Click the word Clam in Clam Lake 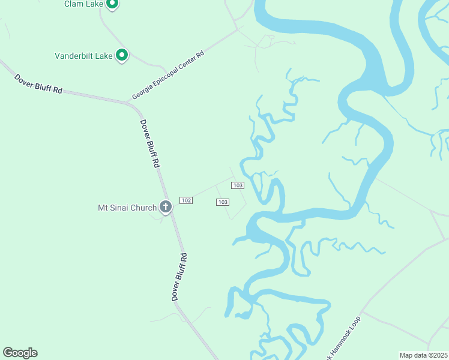tap(74, 4)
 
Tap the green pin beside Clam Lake tap(112, 4)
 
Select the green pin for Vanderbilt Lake tap(121, 56)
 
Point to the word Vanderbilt tap(75, 56)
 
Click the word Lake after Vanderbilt tap(104, 56)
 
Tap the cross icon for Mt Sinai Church tap(166, 208)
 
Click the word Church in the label tap(144, 208)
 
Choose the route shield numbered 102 tap(186, 200)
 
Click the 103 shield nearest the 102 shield tap(222, 202)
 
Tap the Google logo tap(20, 353)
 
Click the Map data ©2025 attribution tap(423, 355)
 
